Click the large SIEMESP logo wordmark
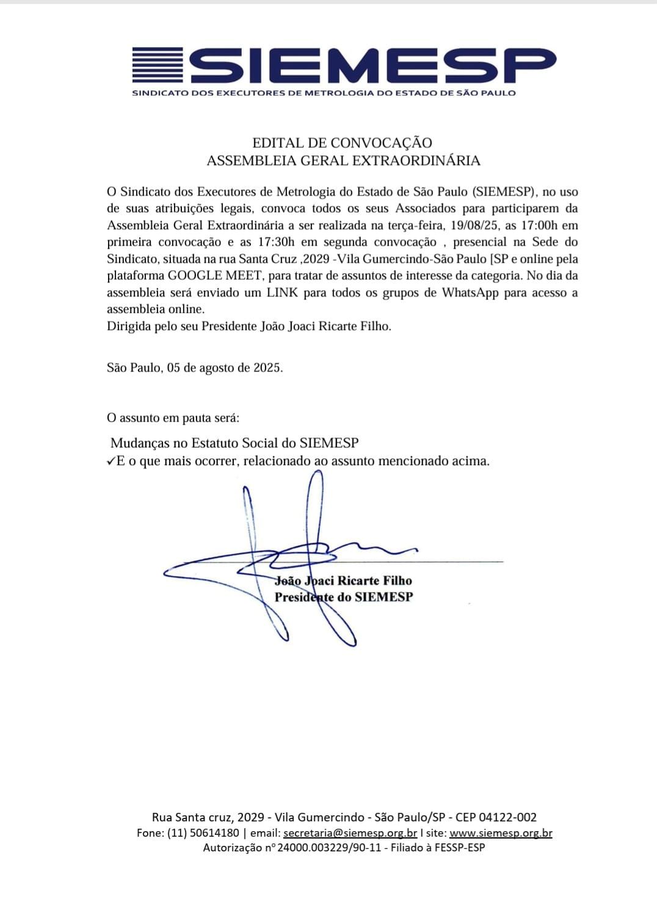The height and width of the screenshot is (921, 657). [x=372, y=65]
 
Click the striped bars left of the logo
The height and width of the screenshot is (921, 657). [x=158, y=65]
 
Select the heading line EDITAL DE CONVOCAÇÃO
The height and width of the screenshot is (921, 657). [x=342, y=143]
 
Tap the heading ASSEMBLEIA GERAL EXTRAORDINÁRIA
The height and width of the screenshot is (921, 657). [x=343, y=161]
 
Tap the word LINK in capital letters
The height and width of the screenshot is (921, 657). [x=282, y=292]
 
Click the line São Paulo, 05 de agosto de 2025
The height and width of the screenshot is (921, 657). [x=195, y=368]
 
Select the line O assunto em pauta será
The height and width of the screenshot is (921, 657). [x=173, y=418]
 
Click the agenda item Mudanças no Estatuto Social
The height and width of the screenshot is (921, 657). [x=234, y=443]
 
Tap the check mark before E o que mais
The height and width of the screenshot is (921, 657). [x=111, y=461]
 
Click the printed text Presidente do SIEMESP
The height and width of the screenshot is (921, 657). [x=343, y=597]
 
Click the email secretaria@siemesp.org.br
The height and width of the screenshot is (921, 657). [x=350, y=833]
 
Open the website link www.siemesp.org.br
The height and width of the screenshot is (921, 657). [x=501, y=833]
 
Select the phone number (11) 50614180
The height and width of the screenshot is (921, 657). [x=203, y=833]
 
